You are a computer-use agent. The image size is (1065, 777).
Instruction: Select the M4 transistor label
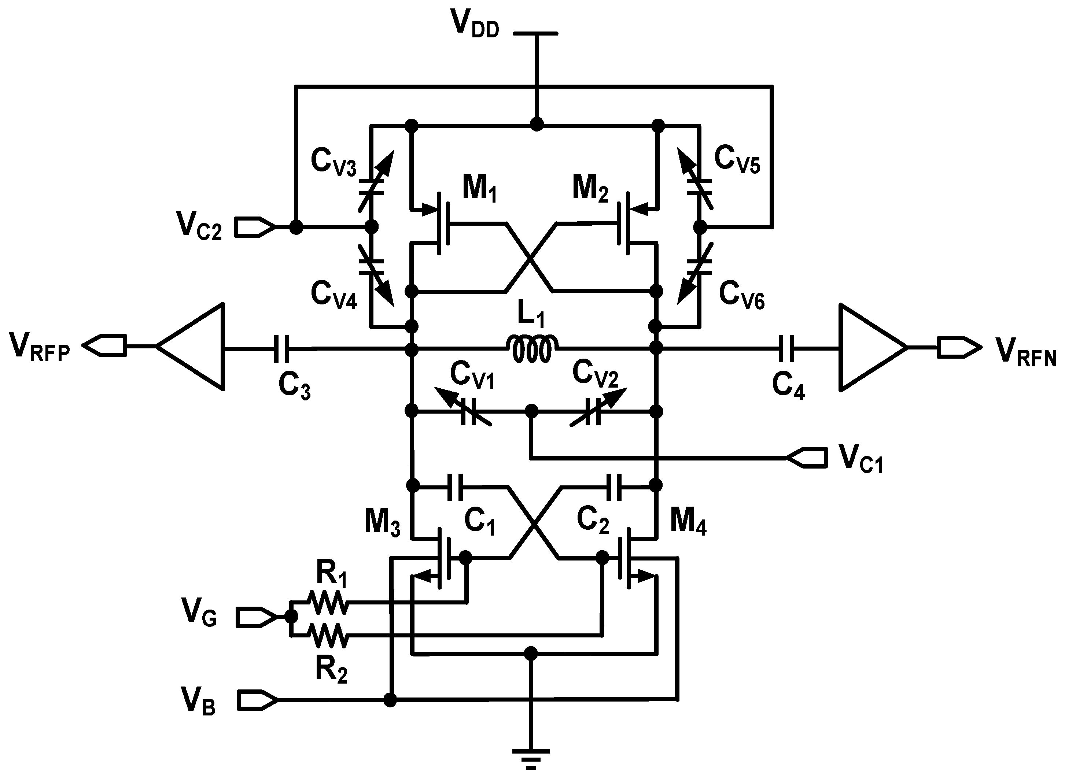(x=688, y=522)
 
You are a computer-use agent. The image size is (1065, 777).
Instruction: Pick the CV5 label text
(x=737, y=160)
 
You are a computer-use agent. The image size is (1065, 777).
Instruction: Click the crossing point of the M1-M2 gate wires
(x=530, y=258)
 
